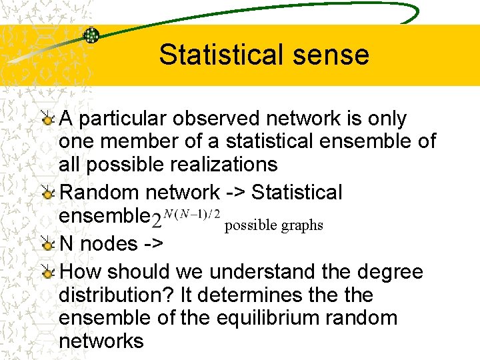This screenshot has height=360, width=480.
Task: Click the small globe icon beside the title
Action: [x=91, y=35]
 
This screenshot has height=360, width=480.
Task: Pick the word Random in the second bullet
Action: [x=100, y=193]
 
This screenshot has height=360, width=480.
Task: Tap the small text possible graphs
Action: [x=274, y=225]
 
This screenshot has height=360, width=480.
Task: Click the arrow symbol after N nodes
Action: [x=153, y=244]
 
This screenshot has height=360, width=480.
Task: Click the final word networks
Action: [x=101, y=341]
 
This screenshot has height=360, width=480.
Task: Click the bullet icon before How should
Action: [x=47, y=273]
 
